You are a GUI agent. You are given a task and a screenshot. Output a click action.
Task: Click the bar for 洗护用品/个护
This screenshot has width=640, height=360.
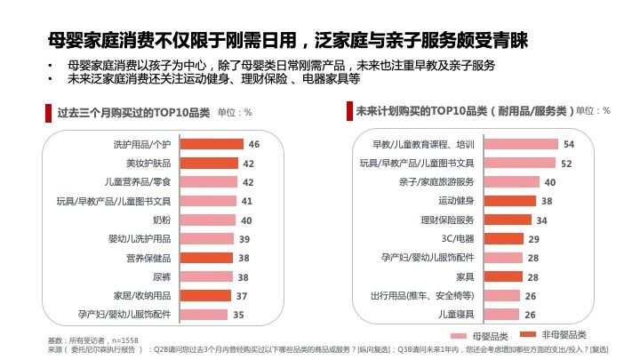click(x=212, y=144)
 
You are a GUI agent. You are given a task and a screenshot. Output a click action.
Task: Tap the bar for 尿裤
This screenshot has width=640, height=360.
click(x=206, y=276)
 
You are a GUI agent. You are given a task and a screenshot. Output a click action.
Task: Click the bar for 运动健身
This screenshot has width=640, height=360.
click(x=510, y=201)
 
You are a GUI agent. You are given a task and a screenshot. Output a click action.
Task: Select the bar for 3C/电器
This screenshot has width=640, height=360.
click(x=504, y=239)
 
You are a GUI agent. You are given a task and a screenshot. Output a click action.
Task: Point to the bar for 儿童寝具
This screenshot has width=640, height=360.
click(x=502, y=314)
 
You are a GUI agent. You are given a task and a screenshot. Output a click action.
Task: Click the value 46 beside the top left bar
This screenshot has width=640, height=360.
click(x=253, y=144)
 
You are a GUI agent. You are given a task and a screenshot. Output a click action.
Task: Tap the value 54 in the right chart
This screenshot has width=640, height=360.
click(x=568, y=144)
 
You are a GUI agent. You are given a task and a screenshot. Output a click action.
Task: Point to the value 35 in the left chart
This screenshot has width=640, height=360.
click(x=238, y=315)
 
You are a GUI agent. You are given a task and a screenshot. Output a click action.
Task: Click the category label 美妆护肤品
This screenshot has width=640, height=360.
click(x=148, y=164)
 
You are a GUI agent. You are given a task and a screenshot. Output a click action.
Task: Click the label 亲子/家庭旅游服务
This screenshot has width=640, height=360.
click(x=436, y=182)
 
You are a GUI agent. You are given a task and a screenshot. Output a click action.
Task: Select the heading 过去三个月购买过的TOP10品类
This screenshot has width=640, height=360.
click(x=133, y=113)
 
